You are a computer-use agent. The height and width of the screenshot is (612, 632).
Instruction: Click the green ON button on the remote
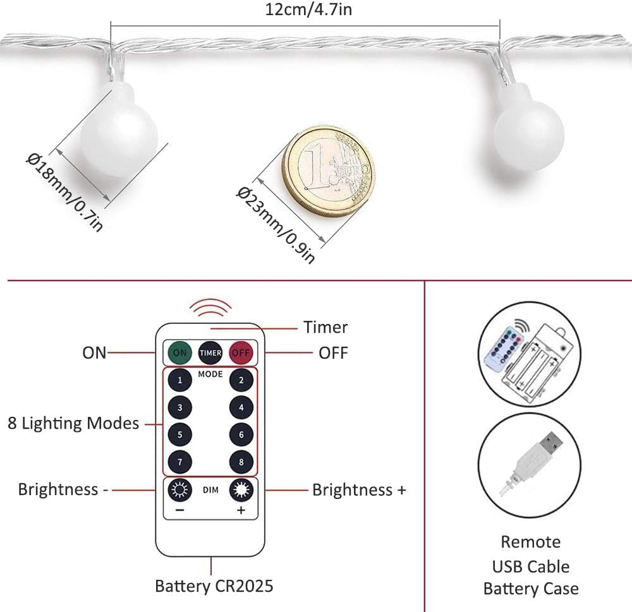[180, 352]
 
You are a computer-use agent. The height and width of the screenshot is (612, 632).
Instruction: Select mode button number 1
[180, 380]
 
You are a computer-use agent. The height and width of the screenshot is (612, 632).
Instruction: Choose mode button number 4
[241, 407]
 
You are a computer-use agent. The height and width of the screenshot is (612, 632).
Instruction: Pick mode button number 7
[180, 462]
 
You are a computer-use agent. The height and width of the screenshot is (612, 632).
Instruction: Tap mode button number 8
[241, 462]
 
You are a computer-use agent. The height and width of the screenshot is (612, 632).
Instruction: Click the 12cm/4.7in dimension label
[305, 9]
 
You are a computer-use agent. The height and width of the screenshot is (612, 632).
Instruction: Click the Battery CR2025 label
[214, 585]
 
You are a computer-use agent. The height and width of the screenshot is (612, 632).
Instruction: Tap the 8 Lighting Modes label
[73, 423]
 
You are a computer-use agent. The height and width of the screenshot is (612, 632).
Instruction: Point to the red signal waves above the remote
[210, 308]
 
